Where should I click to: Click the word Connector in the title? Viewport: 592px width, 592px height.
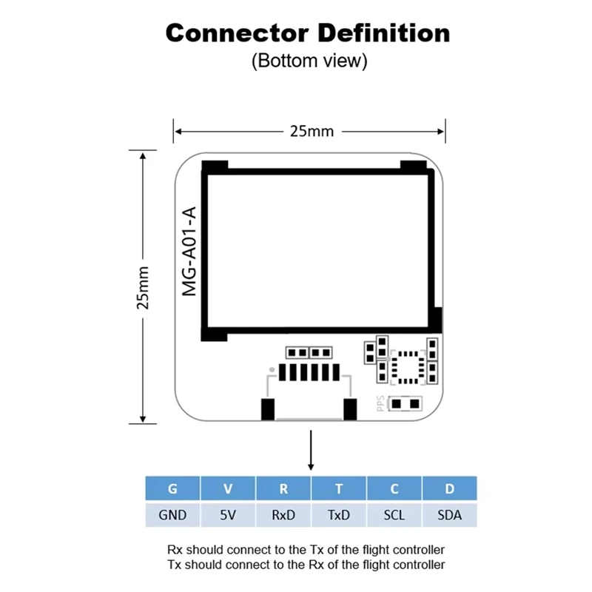coord(237,33)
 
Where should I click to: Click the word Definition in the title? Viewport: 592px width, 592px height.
coord(384,33)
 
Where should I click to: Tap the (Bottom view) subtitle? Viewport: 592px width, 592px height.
coord(309,61)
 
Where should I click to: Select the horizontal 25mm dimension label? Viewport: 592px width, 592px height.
coord(312,132)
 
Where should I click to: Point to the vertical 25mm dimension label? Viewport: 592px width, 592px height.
coord(143,288)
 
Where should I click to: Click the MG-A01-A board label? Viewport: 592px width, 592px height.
coord(189,252)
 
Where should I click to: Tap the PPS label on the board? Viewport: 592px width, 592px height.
coord(380,403)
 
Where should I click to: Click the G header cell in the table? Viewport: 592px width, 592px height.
coord(172,488)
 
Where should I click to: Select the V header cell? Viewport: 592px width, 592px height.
coord(228,488)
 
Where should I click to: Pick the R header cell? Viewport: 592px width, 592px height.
coord(283,488)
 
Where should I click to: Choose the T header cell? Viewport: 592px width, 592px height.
coord(339,488)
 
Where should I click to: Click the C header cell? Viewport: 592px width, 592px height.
coord(394,488)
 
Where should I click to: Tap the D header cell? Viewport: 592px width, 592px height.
coord(450,488)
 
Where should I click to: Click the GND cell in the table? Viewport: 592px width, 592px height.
coord(172,515)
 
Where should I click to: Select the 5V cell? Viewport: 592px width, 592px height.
coord(228,515)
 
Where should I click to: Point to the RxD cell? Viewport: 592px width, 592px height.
coord(283,515)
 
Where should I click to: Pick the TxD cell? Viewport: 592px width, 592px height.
coord(339,515)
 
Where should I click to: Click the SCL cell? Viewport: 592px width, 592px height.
coord(394,515)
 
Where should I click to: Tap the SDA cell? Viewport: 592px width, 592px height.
coord(450,515)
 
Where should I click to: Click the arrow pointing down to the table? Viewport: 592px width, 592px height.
coord(311,450)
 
